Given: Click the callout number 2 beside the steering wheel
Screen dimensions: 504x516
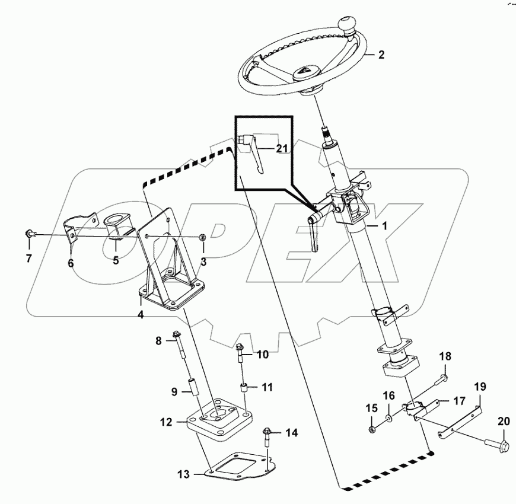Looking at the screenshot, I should click(381, 55).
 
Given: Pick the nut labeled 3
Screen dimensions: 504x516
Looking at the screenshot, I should click(202, 238).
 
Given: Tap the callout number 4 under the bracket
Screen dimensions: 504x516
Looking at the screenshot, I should click(141, 315).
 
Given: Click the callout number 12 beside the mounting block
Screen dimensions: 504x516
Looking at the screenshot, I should click(165, 422).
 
